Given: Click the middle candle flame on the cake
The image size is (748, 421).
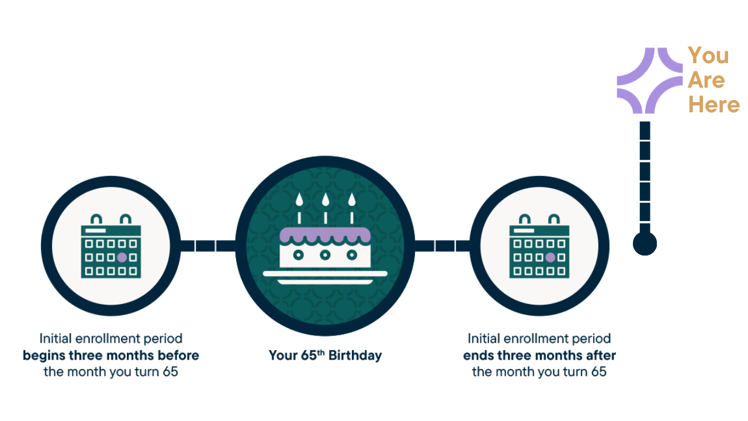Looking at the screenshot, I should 325,200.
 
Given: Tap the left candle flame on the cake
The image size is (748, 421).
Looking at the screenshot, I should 299,200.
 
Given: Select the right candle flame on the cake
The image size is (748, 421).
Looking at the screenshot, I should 351,200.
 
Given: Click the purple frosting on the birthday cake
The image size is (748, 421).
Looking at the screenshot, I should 325,235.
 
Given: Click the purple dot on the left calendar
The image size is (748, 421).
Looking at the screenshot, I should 122,257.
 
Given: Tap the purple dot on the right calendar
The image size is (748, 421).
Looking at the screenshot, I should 550,257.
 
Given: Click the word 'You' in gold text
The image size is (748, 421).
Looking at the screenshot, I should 708,56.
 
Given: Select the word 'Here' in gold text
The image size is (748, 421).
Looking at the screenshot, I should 714,105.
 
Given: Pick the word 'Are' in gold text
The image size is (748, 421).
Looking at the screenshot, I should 706,81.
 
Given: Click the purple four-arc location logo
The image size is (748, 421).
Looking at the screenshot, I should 650,80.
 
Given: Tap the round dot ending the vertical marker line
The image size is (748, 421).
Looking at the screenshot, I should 645,243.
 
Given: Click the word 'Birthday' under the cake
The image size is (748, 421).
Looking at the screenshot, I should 355,356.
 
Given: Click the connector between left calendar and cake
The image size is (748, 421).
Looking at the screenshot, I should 206,246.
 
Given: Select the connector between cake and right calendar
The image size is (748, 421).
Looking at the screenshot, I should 445,246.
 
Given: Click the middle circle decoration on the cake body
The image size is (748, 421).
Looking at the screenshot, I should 325,255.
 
